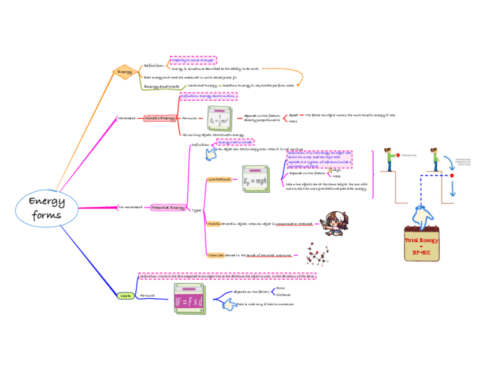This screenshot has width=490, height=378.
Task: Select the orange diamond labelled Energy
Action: pyautogui.click(x=125, y=72)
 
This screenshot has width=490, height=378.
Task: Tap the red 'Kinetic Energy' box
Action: pyautogui.click(x=160, y=118)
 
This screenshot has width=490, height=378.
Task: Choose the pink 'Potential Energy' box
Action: pyautogui.click(x=168, y=207)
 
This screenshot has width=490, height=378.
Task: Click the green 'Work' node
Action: pyautogui.click(x=125, y=295)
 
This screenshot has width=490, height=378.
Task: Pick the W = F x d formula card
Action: pyautogui.click(x=189, y=298)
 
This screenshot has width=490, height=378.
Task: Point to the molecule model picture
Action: pyautogui.click(x=317, y=255)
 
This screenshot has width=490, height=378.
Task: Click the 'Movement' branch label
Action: pyautogui.click(x=127, y=118)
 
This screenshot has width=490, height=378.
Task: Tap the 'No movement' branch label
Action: pyautogui.click(x=130, y=207)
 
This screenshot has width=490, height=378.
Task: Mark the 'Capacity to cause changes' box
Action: pyautogui.click(x=193, y=60)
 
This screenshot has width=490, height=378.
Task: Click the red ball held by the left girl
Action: pyautogui.click(x=398, y=155)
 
